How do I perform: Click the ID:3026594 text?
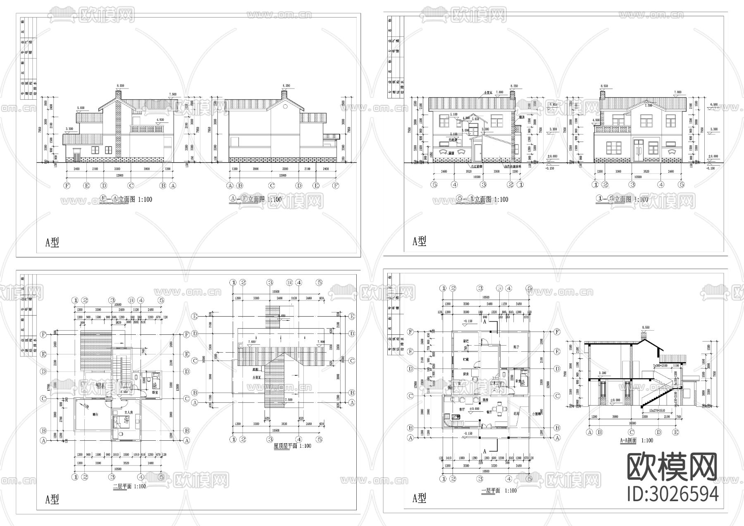coord(672,494)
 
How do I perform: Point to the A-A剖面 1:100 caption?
coord(637,440)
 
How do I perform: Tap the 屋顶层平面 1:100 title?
coord(292,446)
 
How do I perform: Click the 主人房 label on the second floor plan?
coord(128,413)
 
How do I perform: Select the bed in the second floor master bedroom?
coord(126,423)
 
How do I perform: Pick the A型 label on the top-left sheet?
coord(52,243)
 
